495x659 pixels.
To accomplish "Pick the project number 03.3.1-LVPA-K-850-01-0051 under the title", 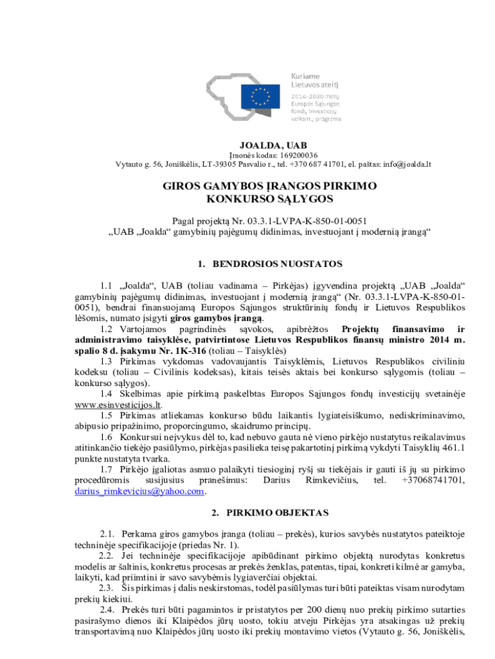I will click(287, 220).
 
